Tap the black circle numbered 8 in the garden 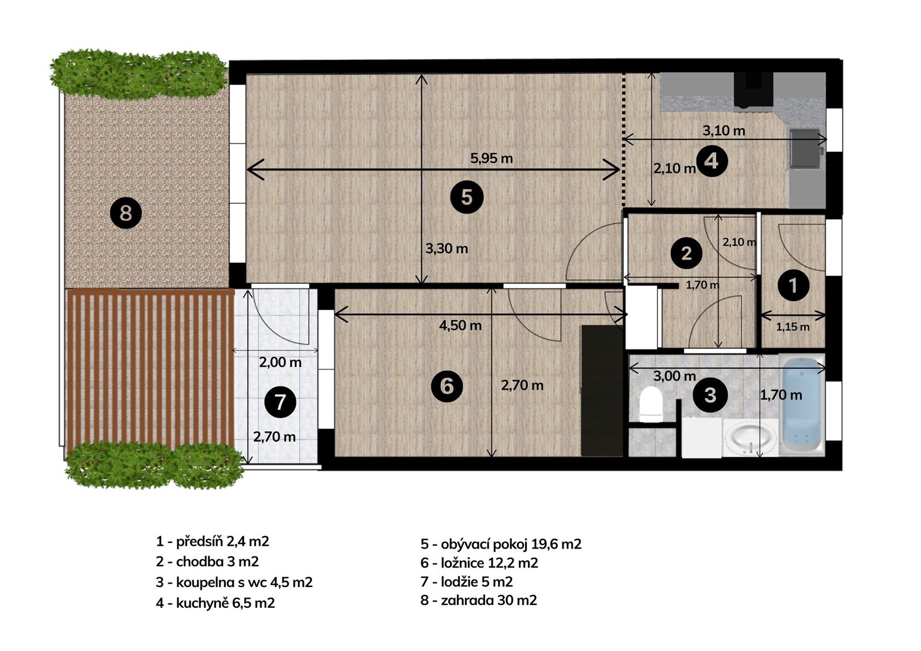pos(126,214)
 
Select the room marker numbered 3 pos(710,395)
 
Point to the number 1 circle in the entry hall pos(793,285)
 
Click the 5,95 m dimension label pos(492,158)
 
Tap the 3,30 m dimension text pos(447,249)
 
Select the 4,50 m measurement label pos(460,325)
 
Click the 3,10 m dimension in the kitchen pos(724,131)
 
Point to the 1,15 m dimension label pos(793,327)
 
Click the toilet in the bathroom pos(650,404)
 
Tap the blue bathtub pos(802,405)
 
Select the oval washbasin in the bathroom pos(751,439)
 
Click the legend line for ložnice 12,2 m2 pos(479,562)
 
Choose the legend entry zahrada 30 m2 pos(478,600)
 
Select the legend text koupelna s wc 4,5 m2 pos(234,582)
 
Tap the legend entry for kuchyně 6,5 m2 pos(215,603)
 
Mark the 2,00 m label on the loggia pos(280,362)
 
